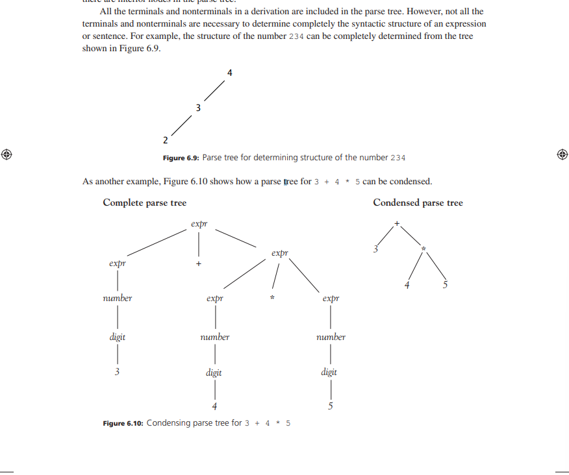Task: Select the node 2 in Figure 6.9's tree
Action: (165, 140)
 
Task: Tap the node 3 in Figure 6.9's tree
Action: (198, 107)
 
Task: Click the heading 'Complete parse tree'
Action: (144, 203)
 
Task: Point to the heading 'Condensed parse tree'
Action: (418, 203)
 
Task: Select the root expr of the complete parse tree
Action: (199, 224)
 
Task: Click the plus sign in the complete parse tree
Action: (199, 264)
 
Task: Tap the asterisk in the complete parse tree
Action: (273, 298)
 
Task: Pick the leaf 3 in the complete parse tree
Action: (118, 372)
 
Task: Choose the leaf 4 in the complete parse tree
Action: (214, 407)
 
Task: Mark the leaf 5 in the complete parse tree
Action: (331, 407)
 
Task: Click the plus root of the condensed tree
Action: (396, 224)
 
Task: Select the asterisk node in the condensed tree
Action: (424, 249)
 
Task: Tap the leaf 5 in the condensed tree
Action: (446, 285)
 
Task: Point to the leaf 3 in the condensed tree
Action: (375, 249)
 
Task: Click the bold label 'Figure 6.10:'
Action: (123, 423)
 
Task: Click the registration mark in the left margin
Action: (6, 154)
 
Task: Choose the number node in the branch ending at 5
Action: (331, 337)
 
